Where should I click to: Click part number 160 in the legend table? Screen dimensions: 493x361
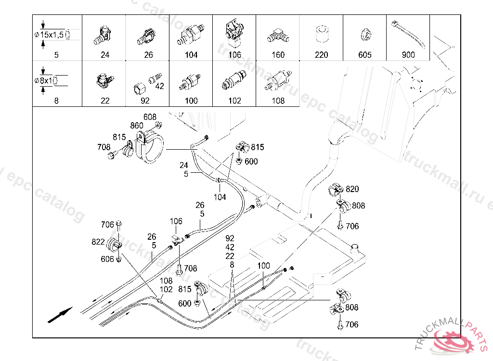pyautogui.click(x=278, y=55)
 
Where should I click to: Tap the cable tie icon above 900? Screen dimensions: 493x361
pyautogui.click(x=408, y=34)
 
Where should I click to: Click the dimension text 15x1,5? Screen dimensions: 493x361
pyautogui.click(x=52, y=35)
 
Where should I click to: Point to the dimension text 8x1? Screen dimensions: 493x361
pyautogui.click(x=46, y=80)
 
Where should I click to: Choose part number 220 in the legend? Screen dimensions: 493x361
pyautogui.click(x=321, y=55)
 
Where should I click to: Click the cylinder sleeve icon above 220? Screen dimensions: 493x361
pyautogui.click(x=321, y=35)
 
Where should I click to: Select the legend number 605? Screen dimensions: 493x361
pyautogui.click(x=365, y=55)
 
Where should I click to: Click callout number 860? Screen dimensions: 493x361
pyautogui.click(x=137, y=126)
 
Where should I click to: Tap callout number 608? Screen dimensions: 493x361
pyautogui.click(x=150, y=117)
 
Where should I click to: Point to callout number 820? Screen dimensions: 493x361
pyautogui.click(x=352, y=189)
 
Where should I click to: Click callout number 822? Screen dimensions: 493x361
pyautogui.click(x=98, y=242)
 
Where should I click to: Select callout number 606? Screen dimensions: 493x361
pyautogui.click(x=107, y=259)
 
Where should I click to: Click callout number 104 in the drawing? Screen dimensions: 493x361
pyautogui.click(x=220, y=197)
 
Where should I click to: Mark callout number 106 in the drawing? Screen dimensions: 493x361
pyautogui.click(x=176, y=221)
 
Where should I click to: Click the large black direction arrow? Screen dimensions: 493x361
pyautogui.click(x=60, y=315)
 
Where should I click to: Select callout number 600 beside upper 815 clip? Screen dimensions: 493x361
pyautogui.click(x=251, y=162)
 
